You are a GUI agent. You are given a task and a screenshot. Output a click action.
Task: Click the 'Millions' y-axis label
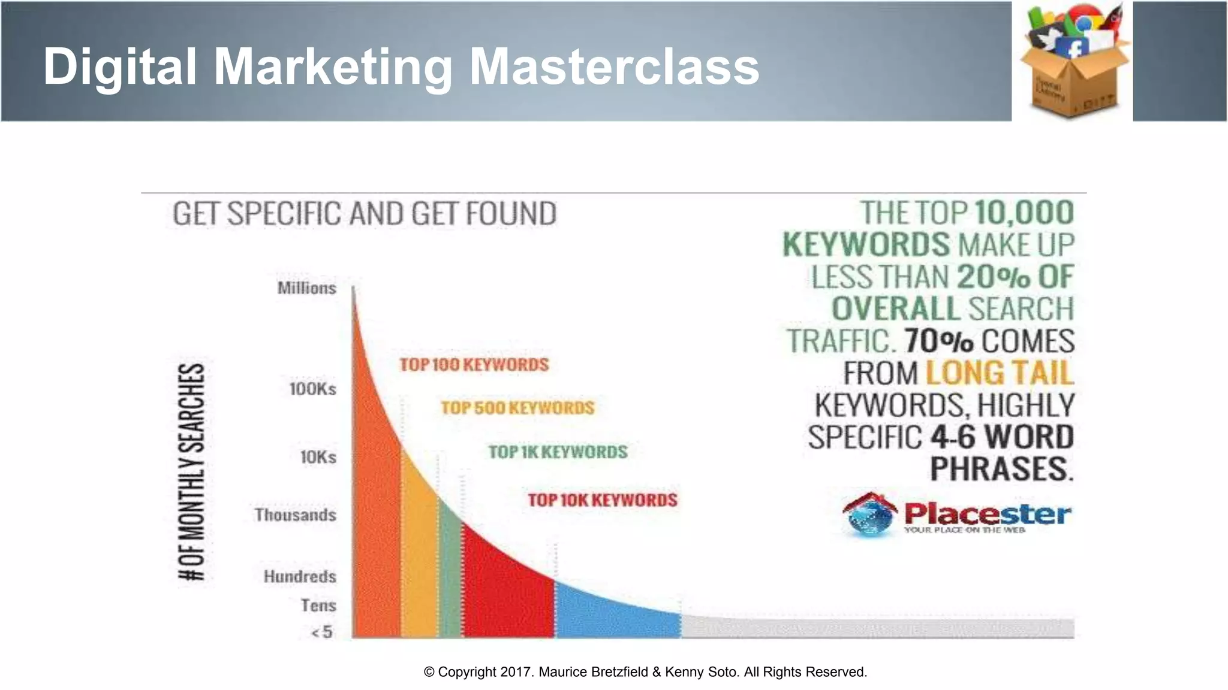(306, 288)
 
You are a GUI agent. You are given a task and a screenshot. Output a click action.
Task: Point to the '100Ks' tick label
(312, 389)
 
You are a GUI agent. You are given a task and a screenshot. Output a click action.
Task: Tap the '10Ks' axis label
(318, 458)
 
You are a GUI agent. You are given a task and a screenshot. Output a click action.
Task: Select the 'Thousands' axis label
(295, 515)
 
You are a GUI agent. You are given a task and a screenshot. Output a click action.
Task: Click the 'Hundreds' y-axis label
(300, 577)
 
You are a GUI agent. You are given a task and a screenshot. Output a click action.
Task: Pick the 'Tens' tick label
(318, 606)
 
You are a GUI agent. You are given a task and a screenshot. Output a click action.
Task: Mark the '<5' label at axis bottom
(322, 632)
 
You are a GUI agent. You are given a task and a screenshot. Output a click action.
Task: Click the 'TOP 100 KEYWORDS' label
(474, 365)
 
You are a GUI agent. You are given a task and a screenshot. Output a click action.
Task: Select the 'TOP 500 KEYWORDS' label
(517, 408)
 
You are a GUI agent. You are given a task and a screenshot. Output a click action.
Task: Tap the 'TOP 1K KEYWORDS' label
(558, 452)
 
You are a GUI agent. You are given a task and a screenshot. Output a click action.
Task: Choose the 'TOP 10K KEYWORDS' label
(602, 500)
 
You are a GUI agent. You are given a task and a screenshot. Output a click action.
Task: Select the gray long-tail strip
(875, 628)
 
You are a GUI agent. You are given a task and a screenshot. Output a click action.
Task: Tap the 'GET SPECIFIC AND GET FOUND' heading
(365, 214)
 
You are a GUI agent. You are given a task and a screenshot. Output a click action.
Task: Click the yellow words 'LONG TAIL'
(1000, 373)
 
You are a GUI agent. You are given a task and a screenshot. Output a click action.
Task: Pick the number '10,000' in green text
(1024, 213)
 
